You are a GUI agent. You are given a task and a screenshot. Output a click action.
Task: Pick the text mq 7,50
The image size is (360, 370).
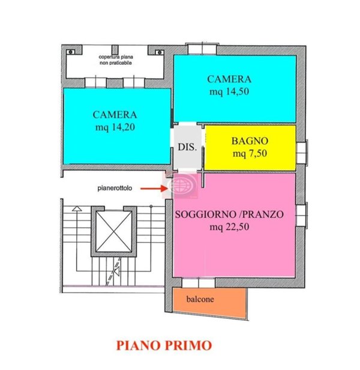click(x=250, y=153)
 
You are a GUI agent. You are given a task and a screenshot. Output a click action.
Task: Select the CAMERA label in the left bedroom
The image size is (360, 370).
click(x=115, y=114)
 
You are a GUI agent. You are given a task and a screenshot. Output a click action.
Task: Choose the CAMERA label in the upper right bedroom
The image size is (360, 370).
click(x=230, y=79)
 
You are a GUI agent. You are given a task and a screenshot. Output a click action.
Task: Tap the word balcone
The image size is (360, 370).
click(x=199, y=299)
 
